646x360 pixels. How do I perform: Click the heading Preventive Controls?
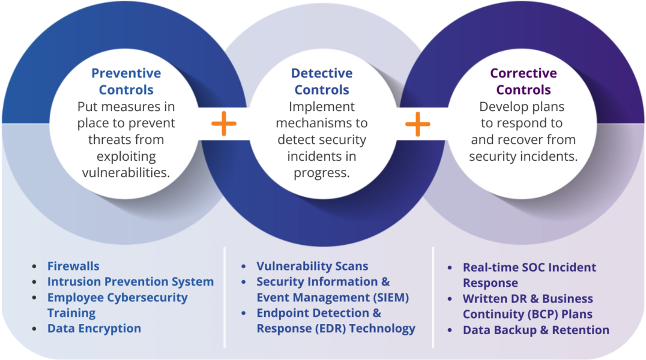(126, 82)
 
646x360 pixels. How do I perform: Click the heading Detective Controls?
(322, 82)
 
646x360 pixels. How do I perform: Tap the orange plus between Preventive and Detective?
(224, 124)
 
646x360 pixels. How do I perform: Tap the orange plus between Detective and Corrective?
(418, 124)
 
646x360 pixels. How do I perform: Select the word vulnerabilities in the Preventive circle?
(126, 173)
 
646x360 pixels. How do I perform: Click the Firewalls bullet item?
(73, 266)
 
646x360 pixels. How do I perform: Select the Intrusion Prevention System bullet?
(130, 281)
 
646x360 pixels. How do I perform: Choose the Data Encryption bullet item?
(94, 328)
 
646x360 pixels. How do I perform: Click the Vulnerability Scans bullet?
(312, 266)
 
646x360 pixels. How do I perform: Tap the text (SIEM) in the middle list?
(388, 297)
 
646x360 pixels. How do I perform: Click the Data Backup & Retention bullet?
(536, 330)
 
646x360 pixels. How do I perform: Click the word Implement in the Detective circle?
(322, 107)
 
